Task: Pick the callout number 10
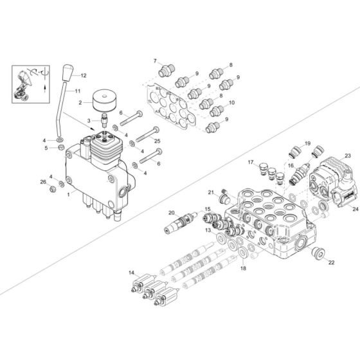pyautogui.click(x=232, y=103)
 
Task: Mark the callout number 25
pyautogui.click(x=157, y=141)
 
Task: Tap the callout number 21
pyautogui.click(x=210, y=192)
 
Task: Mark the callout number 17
pyautogui.click(x=251, y=162)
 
